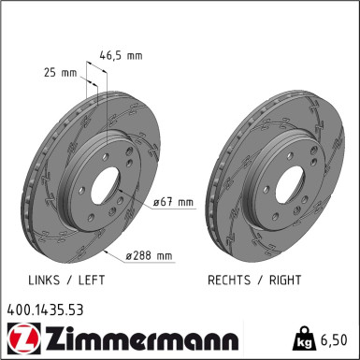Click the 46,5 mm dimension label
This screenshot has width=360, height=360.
(121, 56)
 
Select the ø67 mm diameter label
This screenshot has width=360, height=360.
(175, 202)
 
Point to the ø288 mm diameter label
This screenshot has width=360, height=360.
(150, 255)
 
